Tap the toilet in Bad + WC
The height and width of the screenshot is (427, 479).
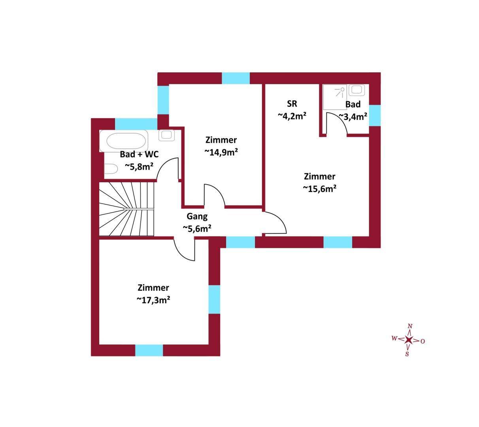click(111, 169)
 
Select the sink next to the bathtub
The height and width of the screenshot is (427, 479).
click(166, 135)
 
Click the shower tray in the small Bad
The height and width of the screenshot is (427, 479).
click(335, 97)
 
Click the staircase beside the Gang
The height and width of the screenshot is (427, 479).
click(126, 209)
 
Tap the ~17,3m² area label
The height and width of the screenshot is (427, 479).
click(153, 300)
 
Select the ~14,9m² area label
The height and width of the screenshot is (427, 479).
click(221, 152)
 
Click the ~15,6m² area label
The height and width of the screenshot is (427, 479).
click(319, 189)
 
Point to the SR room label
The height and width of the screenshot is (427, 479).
click(292, 104)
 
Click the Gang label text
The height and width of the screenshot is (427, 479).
click(197, 216)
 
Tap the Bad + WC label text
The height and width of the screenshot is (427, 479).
click(139, 154)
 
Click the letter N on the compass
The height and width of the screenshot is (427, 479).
click(410, 326)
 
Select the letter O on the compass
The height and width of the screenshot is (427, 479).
click(423, 341)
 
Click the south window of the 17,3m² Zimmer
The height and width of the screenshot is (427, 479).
click(149, 350)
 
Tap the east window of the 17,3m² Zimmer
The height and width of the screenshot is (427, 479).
click(214, 299)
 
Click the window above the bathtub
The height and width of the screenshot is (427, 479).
click(136, 124)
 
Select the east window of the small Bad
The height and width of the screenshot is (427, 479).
click(375, 115)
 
